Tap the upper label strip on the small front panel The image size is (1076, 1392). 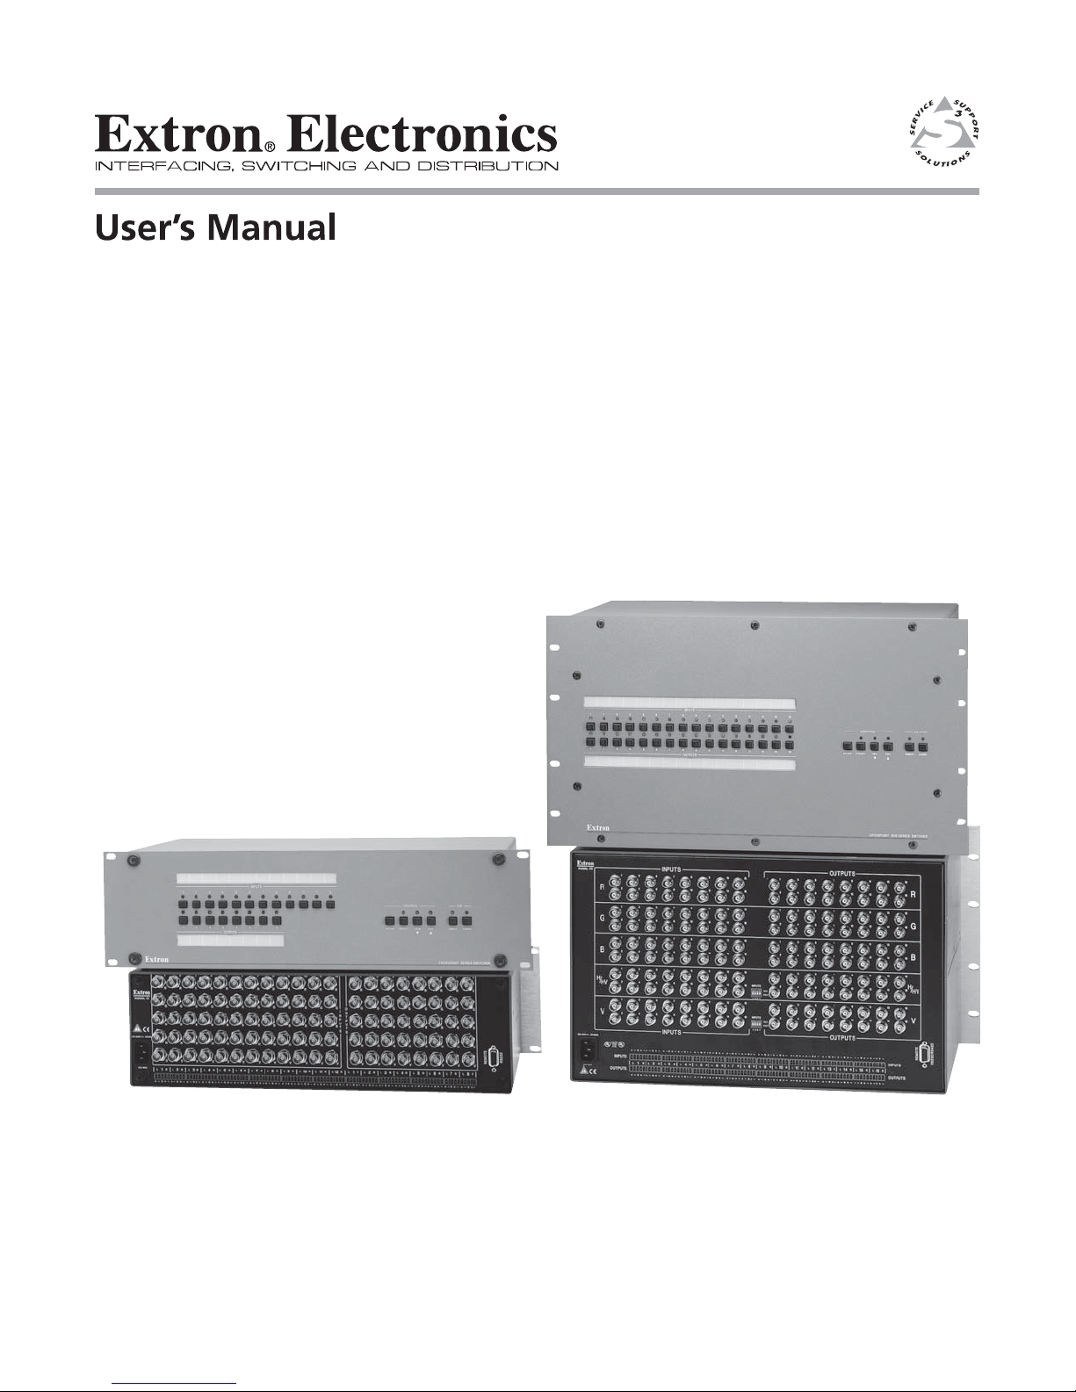(256, 878)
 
